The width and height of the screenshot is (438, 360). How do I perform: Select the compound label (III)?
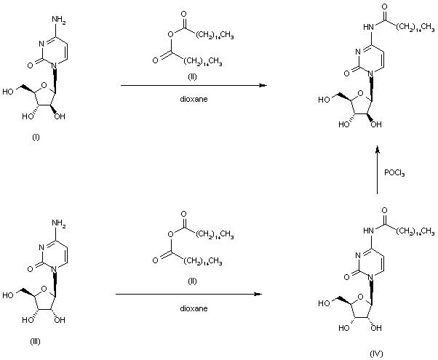[36, 343]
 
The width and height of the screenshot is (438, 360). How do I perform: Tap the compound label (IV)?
[375, 353]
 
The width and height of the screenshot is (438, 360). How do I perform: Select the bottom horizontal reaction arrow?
[188, 295]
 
